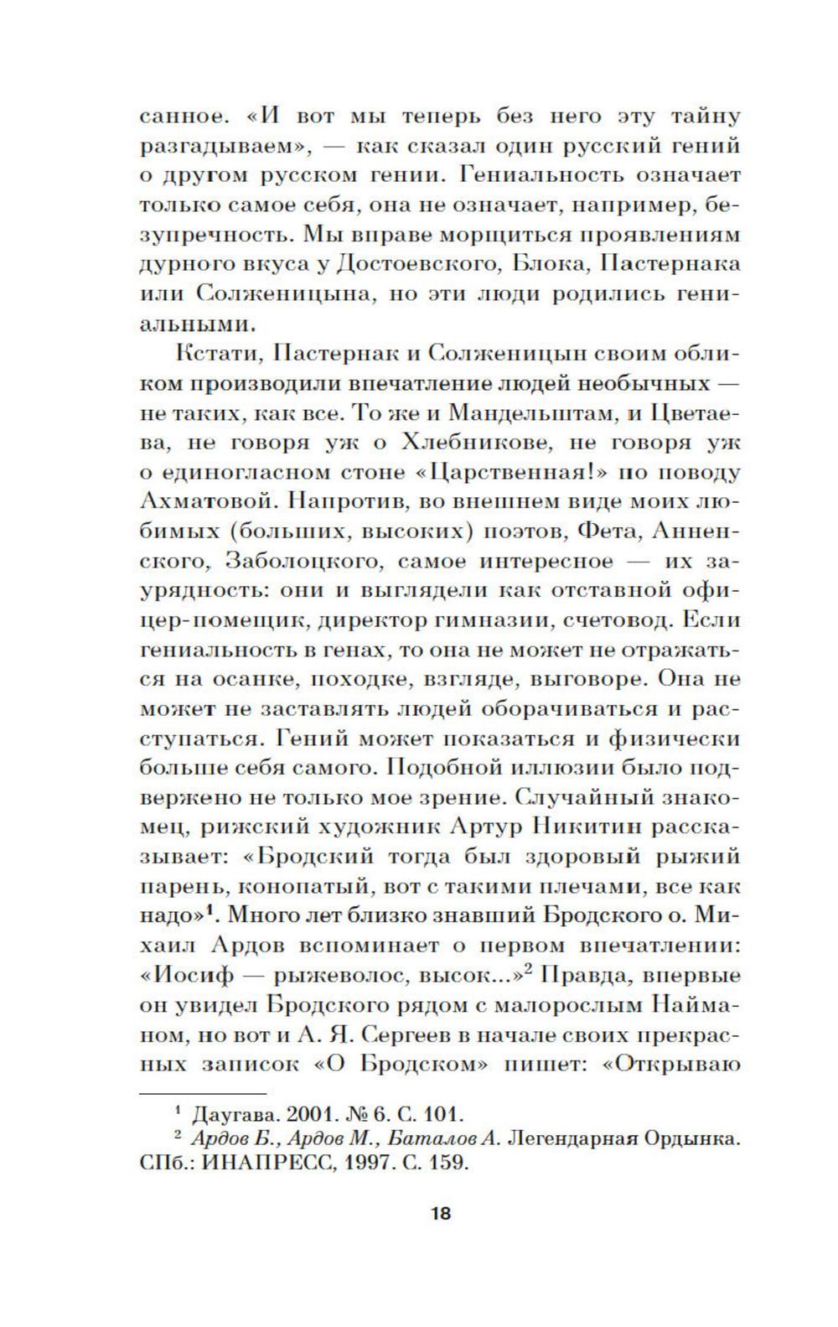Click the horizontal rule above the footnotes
point(201,1093)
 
